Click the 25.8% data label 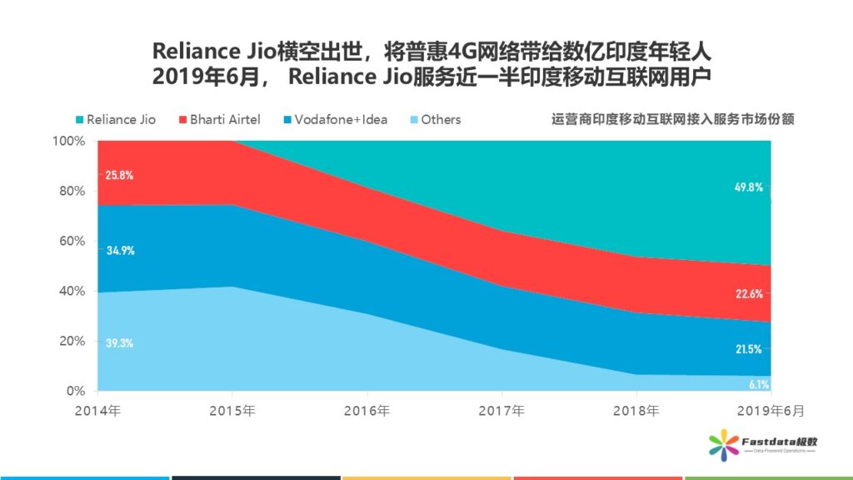point(119,176)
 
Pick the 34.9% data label point(119,250)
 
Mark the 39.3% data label point(119,342)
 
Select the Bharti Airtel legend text point(225,119)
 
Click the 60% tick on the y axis point(72,241)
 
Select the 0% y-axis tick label point(76,391)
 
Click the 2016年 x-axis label point(367,411)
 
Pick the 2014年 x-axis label point(97,411)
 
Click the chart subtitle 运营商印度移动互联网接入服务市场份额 point(672,119)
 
